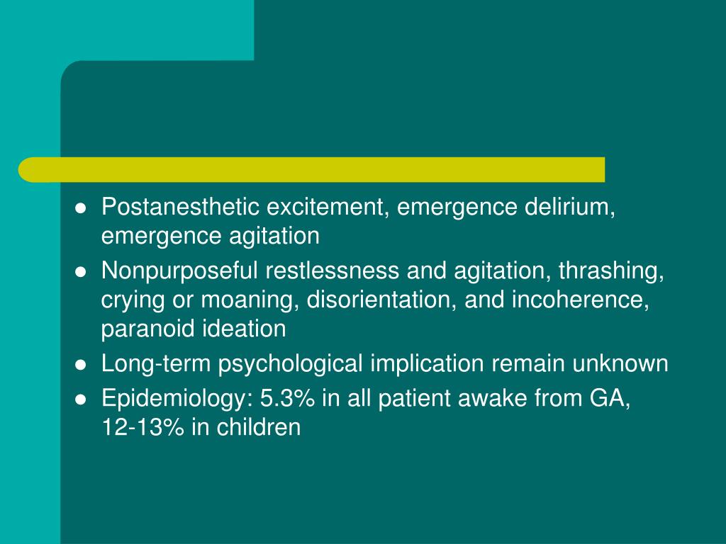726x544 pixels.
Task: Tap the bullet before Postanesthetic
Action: pos(81,208)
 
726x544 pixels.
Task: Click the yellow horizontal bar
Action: pos(312,169)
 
